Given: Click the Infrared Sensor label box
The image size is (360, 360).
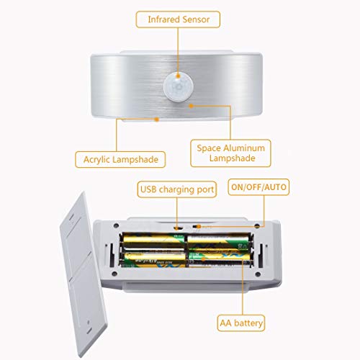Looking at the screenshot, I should [x=180, y=19].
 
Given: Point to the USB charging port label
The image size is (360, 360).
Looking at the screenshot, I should [x=177, y=189].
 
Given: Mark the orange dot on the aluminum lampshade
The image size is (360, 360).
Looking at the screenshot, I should [x=191, y=107].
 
